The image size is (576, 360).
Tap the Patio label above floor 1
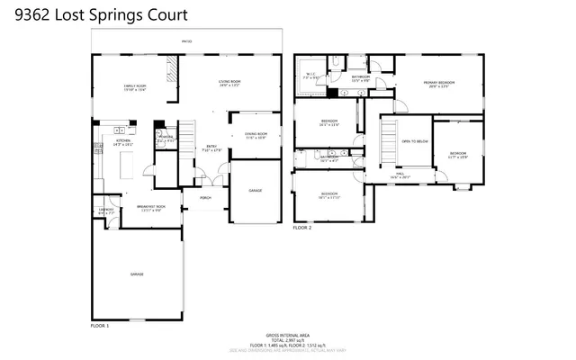point(186,41)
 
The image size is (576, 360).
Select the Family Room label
point(135,87)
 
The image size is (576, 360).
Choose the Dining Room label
point(256,135)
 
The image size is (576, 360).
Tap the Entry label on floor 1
point(211,147)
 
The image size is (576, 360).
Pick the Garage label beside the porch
point(256,190)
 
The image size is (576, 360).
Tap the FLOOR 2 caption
point(302,229)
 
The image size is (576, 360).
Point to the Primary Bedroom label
point(439,84)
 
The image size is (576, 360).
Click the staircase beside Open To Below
point(389,144)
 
